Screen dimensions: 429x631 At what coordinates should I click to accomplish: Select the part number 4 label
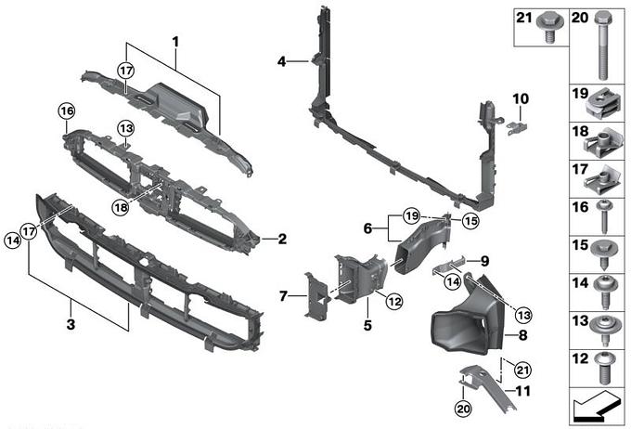(281, 62)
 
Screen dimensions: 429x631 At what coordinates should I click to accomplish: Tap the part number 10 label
(520, 98)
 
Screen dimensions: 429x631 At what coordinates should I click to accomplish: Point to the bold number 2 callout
(282, 239)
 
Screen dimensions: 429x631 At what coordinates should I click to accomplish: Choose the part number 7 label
(284, 296)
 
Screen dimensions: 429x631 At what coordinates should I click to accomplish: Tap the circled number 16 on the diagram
(66, 113)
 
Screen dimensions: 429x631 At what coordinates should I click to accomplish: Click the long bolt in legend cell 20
(603, 46)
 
